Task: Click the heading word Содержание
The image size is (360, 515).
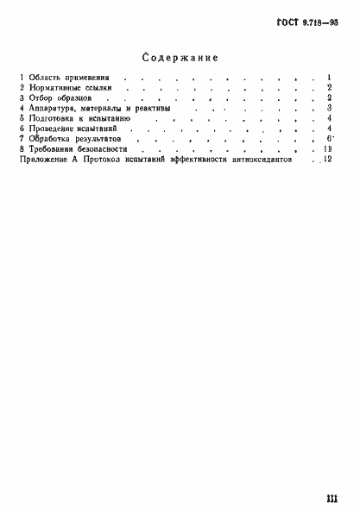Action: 180,57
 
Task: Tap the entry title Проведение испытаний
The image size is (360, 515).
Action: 74,129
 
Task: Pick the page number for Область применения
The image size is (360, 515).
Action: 330,78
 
